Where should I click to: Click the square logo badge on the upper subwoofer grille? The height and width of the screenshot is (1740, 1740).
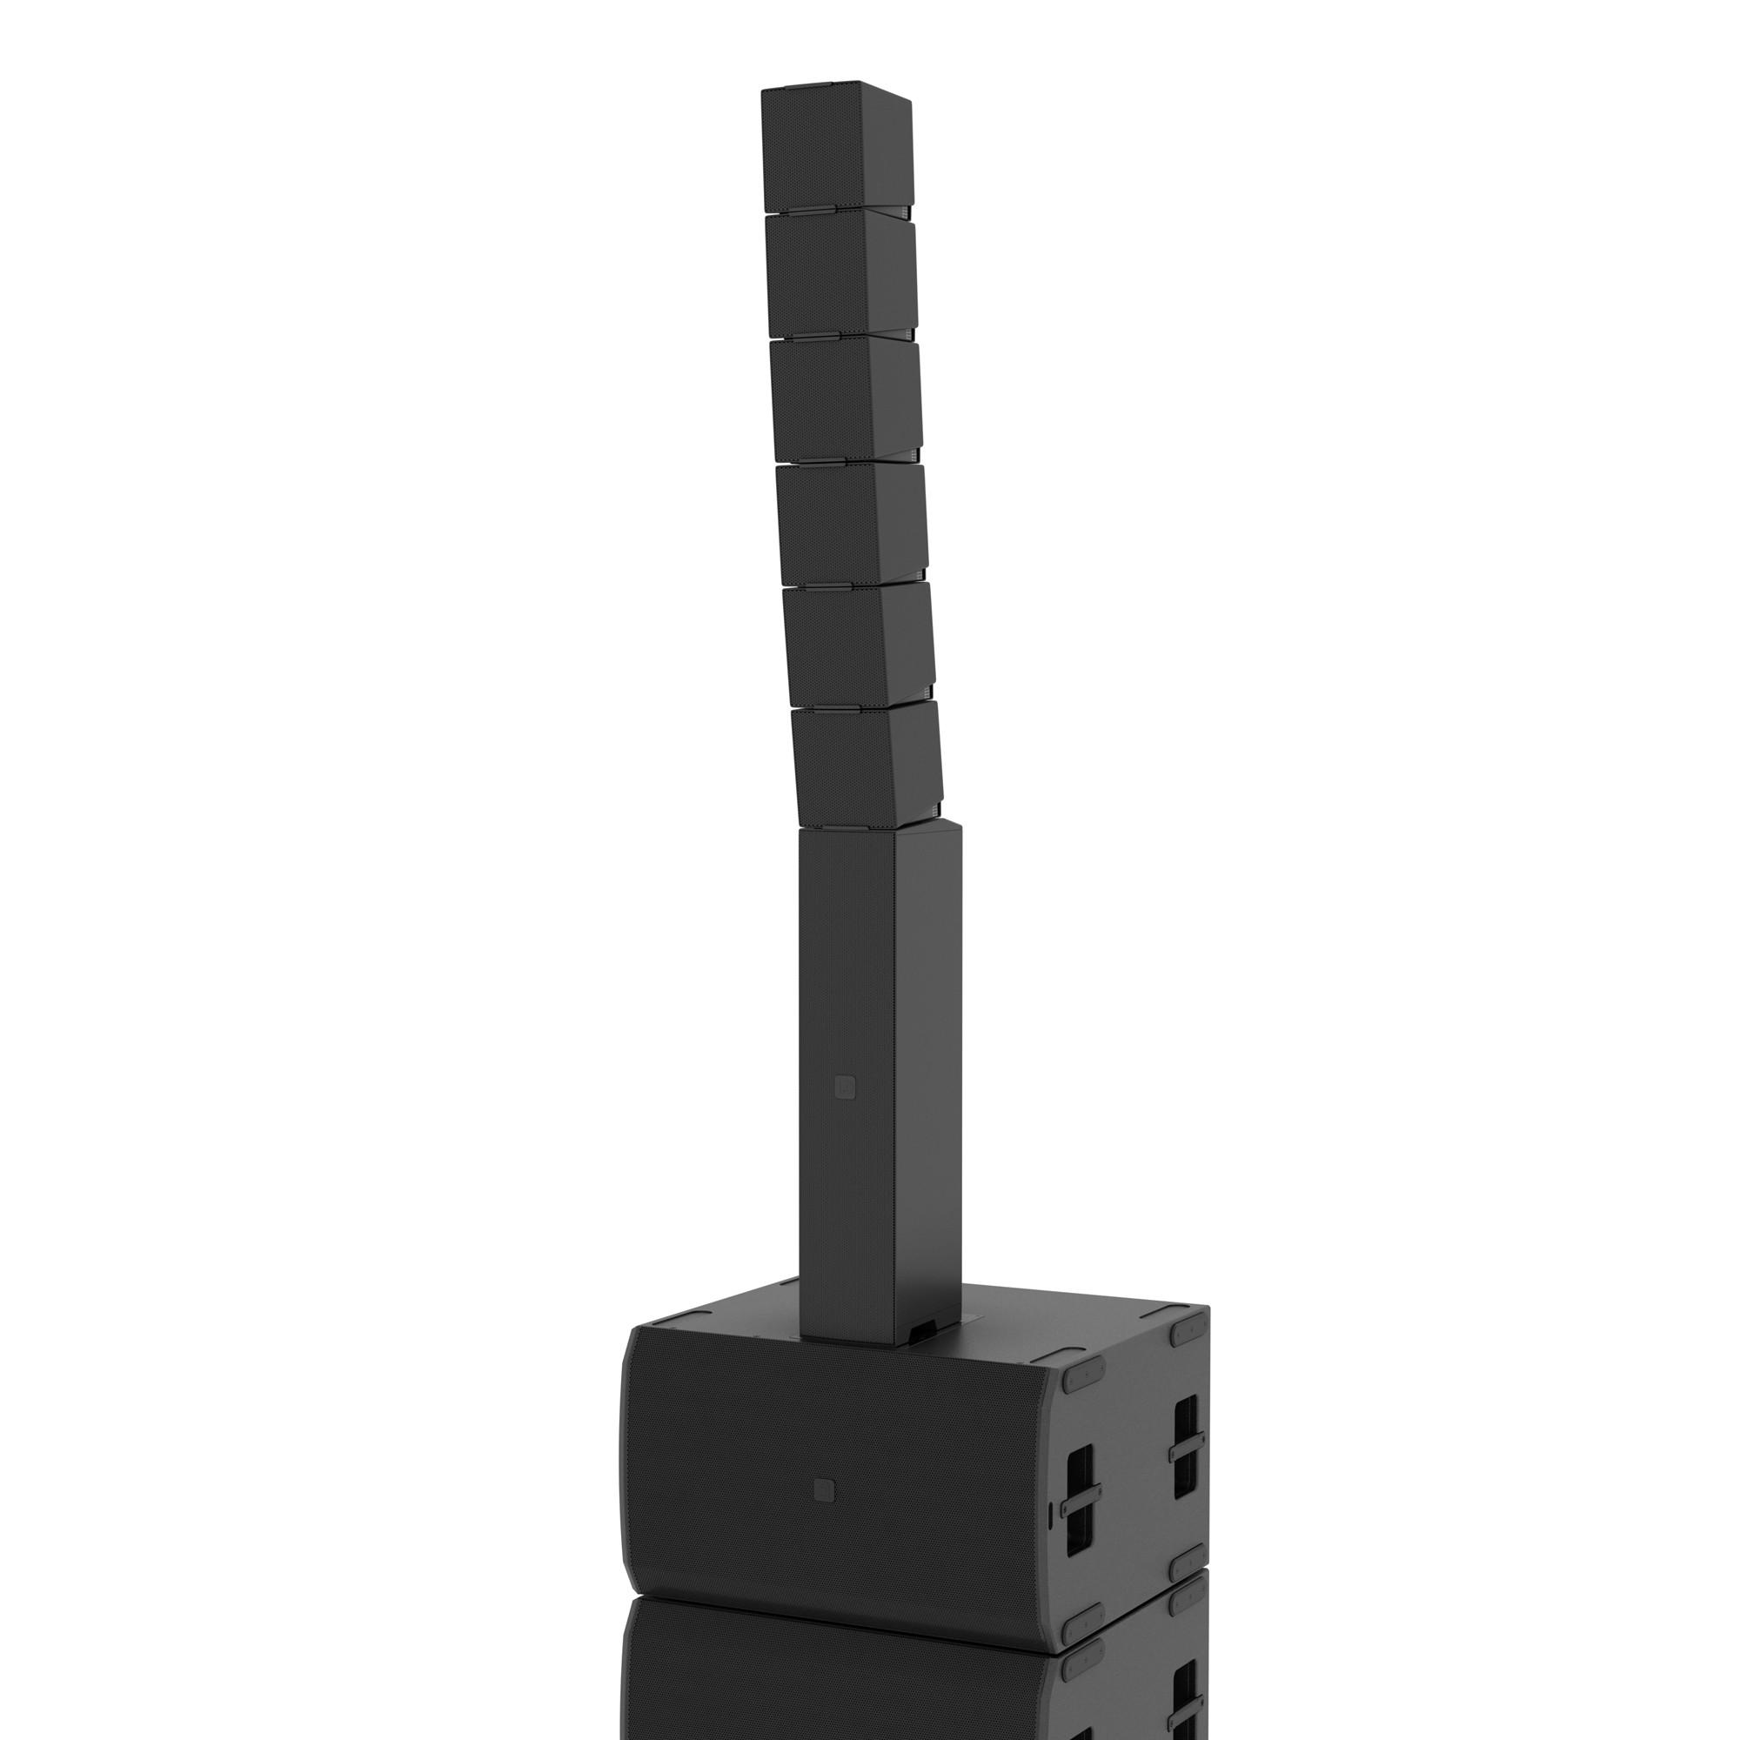[822, 1489]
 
